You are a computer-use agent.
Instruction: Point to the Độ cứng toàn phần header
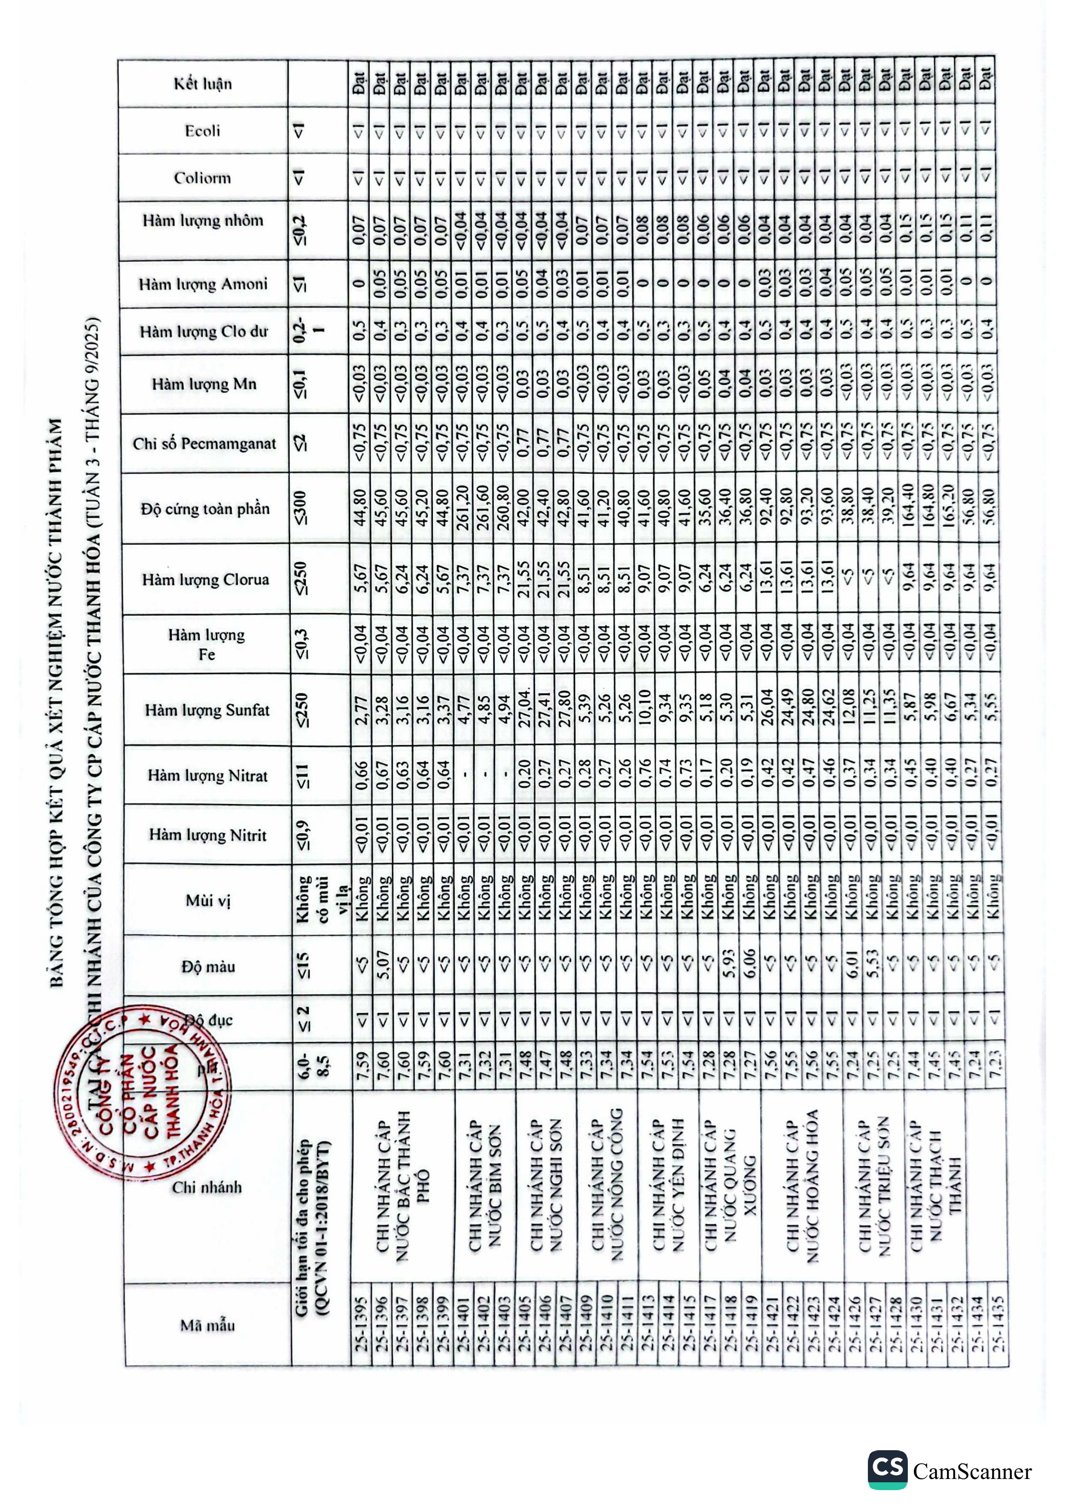pos(205,508)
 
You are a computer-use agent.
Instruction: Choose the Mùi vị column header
pos(207,900)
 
